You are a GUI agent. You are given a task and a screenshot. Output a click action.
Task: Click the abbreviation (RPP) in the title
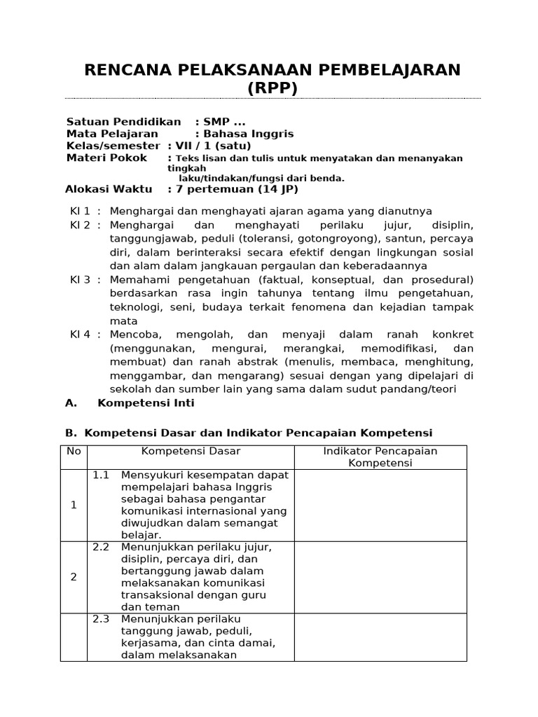tap(273, 88)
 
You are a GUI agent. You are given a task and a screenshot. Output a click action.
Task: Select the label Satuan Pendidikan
tap(123, 122)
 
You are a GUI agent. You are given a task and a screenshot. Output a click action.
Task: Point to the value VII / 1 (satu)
tap(210, 146)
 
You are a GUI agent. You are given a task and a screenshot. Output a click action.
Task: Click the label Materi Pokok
tap(106, 158)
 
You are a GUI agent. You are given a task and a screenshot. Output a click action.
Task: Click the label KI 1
tap(80, 211)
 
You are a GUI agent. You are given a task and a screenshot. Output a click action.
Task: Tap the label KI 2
tap(80, 225)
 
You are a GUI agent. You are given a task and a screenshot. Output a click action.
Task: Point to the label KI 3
tap(80, 280)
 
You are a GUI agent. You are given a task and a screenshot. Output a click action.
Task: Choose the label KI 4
tap(80, 335)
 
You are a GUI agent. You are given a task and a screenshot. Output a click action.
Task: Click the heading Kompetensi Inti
tap(146, 403)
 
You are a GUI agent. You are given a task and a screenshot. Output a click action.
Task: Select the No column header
tap(74, 451)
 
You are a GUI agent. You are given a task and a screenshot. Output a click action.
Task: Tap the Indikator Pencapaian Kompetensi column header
tap(380, 457)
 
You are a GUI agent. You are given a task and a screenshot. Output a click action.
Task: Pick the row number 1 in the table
tap(74, 505)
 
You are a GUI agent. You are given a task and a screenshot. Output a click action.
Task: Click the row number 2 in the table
tap(74, 577)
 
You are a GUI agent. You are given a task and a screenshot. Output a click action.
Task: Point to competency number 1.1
tap(101, 475)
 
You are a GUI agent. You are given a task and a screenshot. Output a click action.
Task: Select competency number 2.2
tap(101, 547)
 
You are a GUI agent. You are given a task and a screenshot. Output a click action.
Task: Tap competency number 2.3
tap(101, 619)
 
